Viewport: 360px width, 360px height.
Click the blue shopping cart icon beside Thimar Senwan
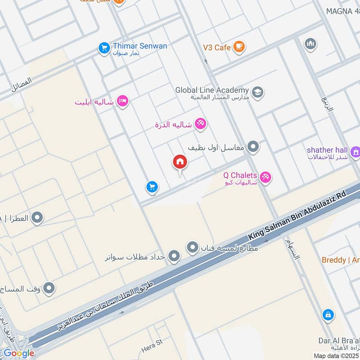104,47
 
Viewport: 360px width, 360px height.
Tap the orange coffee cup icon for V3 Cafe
239,47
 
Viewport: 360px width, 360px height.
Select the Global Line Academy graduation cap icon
257,92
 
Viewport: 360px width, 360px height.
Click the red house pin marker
180,162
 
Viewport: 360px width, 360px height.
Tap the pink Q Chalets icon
265,178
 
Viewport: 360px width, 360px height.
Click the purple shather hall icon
355,152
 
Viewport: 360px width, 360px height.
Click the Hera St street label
151,346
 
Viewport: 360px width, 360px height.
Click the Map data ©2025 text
336,355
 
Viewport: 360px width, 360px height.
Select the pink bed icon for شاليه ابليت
122,101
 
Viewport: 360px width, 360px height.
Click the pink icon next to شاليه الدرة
200,124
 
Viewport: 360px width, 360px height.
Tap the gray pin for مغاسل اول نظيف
253,147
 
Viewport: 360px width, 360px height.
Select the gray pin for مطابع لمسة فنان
193,247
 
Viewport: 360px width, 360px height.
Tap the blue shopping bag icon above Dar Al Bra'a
328,315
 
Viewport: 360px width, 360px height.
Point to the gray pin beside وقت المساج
49,288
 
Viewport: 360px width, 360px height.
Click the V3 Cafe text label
216,47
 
